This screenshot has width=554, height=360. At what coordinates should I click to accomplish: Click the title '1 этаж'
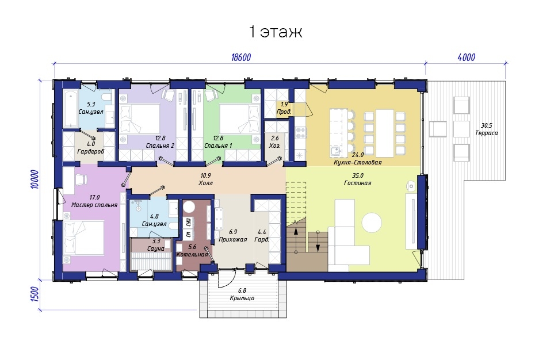pyautogui.click(x=276, y=32)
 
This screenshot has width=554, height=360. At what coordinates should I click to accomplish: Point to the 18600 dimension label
pyautogui.click(x=241, y=58)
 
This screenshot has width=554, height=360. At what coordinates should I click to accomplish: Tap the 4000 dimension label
pyautogui.click(x=467, y=58)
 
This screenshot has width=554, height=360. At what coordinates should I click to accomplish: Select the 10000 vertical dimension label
pyautogui.click(x=35, y=179)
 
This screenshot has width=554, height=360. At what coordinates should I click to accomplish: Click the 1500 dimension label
pyautogui.click(x=35, y=294)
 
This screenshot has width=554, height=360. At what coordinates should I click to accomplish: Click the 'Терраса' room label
pyautogui.click(x=487, y=133)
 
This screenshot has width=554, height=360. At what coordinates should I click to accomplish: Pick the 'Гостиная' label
pyautogui.click(x=358, y=183)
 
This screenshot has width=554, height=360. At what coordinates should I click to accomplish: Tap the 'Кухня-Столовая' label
pyautogui.click(x=358, y=163)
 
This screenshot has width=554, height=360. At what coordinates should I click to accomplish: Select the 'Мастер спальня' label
pyautogui.click(x=94, y=205)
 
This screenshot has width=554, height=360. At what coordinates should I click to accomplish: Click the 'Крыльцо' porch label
pyautogui.click(x=242, y=298)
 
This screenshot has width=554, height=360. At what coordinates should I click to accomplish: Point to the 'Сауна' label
pyautogui.click(x=156, y=248)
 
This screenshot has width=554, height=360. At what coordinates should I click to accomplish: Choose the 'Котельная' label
pyautogui.click(x=192, y=254)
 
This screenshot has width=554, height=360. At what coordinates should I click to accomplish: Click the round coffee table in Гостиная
pyautogui.click(x=372, y=223)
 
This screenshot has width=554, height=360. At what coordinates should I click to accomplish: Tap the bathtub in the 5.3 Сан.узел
pyautogui.click(x=71, y=108)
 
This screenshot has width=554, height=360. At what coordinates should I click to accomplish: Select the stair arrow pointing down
pyautogui.click(x=318, y=242)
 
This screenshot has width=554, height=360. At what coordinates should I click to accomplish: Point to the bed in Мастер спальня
pyautogui.click(x=84, y=238)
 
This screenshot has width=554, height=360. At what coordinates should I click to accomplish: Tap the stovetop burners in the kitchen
pyautogui.click(x=301, y=133)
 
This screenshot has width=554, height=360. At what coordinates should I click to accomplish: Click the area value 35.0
pyautogui.click(x=358, y=175)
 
